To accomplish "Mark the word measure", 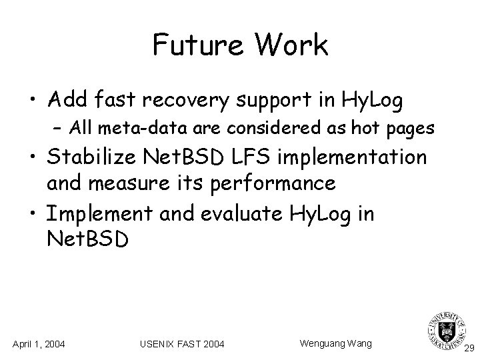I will pyautogui.click(x=138, y=183).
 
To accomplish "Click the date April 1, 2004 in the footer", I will pyautogui.click(x=39, y=343).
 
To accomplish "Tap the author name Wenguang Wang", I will pyautogui.click(x=336, y=343).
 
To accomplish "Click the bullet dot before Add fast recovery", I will pyautogui.click(x=32, y=101).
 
